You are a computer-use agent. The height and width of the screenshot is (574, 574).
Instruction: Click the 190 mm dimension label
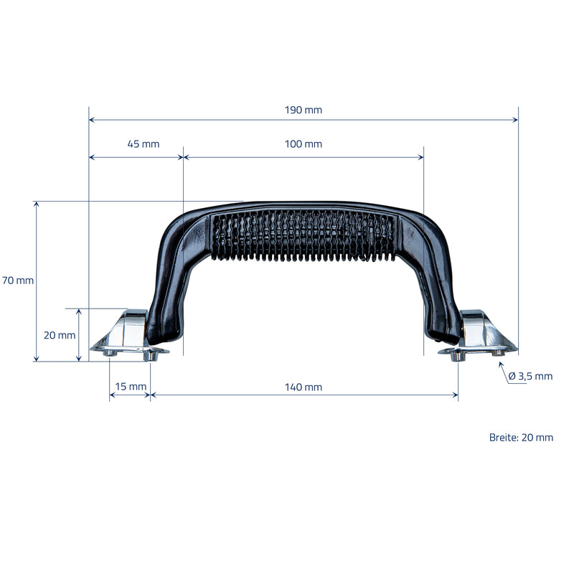tap(303, 110)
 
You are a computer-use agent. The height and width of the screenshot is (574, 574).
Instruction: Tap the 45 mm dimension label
tap(143, 144)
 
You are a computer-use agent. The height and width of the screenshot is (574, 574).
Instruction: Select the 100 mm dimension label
tap(303, 144)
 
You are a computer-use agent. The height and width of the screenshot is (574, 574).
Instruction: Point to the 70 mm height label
tap(18, 281)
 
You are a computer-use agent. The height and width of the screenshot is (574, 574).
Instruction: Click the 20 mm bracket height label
tap(60, 335)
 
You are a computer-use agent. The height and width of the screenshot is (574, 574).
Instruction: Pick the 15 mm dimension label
tap(131, 386)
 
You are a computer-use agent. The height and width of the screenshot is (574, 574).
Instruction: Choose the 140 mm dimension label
tap(303, 387)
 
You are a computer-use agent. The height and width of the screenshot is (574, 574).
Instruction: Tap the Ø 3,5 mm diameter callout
tap(530, 376)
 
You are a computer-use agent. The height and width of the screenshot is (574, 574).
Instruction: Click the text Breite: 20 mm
tap(521, 437)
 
